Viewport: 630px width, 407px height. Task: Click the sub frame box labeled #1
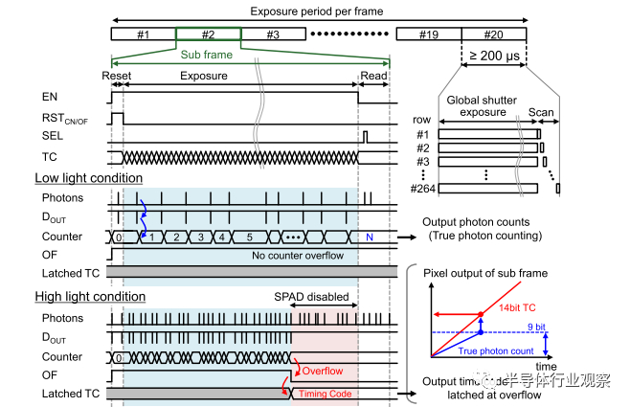(143, 34)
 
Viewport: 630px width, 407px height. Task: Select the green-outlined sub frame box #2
(208, 34)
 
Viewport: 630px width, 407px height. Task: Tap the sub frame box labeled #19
(429, 34)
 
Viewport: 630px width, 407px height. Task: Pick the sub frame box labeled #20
(494, 34)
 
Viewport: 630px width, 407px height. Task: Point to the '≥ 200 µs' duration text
(494, 57)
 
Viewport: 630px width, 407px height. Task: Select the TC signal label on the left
(50, 156)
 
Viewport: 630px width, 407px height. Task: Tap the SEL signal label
(52, 136)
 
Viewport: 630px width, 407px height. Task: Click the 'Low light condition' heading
(89, 178)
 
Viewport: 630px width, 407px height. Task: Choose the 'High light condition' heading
(90, 296)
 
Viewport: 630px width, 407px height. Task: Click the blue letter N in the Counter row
(369, 236)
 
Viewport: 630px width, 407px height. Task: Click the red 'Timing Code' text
(324, 394)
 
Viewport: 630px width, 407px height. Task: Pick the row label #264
(422, 189)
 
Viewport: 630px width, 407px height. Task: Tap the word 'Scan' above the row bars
(541, 112)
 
